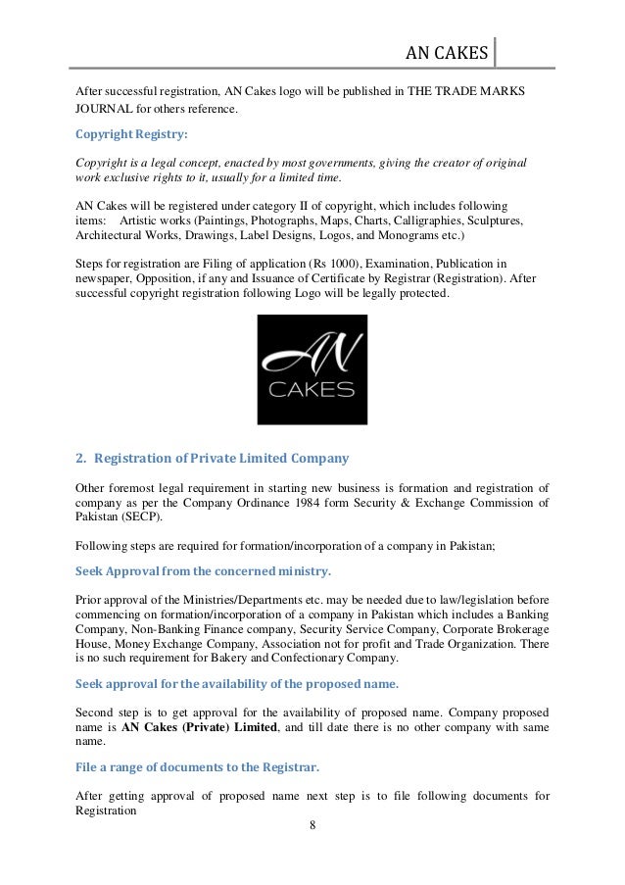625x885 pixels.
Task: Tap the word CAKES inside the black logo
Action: tap(312, 392)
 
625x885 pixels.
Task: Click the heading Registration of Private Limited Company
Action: tap(213, 457)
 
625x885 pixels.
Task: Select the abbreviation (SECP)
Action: tap(144, 516)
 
